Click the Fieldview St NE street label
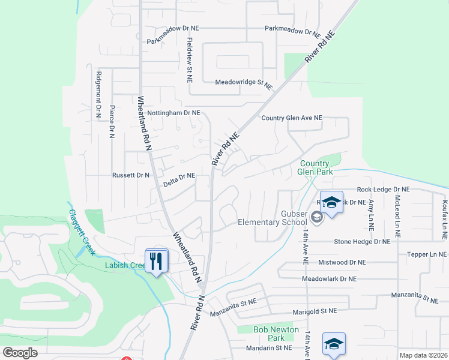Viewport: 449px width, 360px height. [x=190, y=61]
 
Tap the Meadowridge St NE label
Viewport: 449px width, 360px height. [x=244, y=82]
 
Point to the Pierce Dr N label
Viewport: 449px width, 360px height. [x=112, y=122]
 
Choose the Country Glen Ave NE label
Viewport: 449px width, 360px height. [x=292, y=118]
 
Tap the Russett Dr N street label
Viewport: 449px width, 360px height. [x=130, y=175]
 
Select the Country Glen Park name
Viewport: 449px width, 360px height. [x=315, y=167]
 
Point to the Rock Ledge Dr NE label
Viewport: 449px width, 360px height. [x=384, y=189]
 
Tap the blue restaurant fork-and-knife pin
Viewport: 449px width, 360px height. [x=157, y=261]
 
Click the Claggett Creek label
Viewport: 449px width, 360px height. [x=81, y=224]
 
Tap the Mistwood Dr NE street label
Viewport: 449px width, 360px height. [x=342, y=262]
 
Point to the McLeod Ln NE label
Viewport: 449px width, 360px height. [x=397, y=211]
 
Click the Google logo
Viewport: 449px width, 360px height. [x=20, y=353]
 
